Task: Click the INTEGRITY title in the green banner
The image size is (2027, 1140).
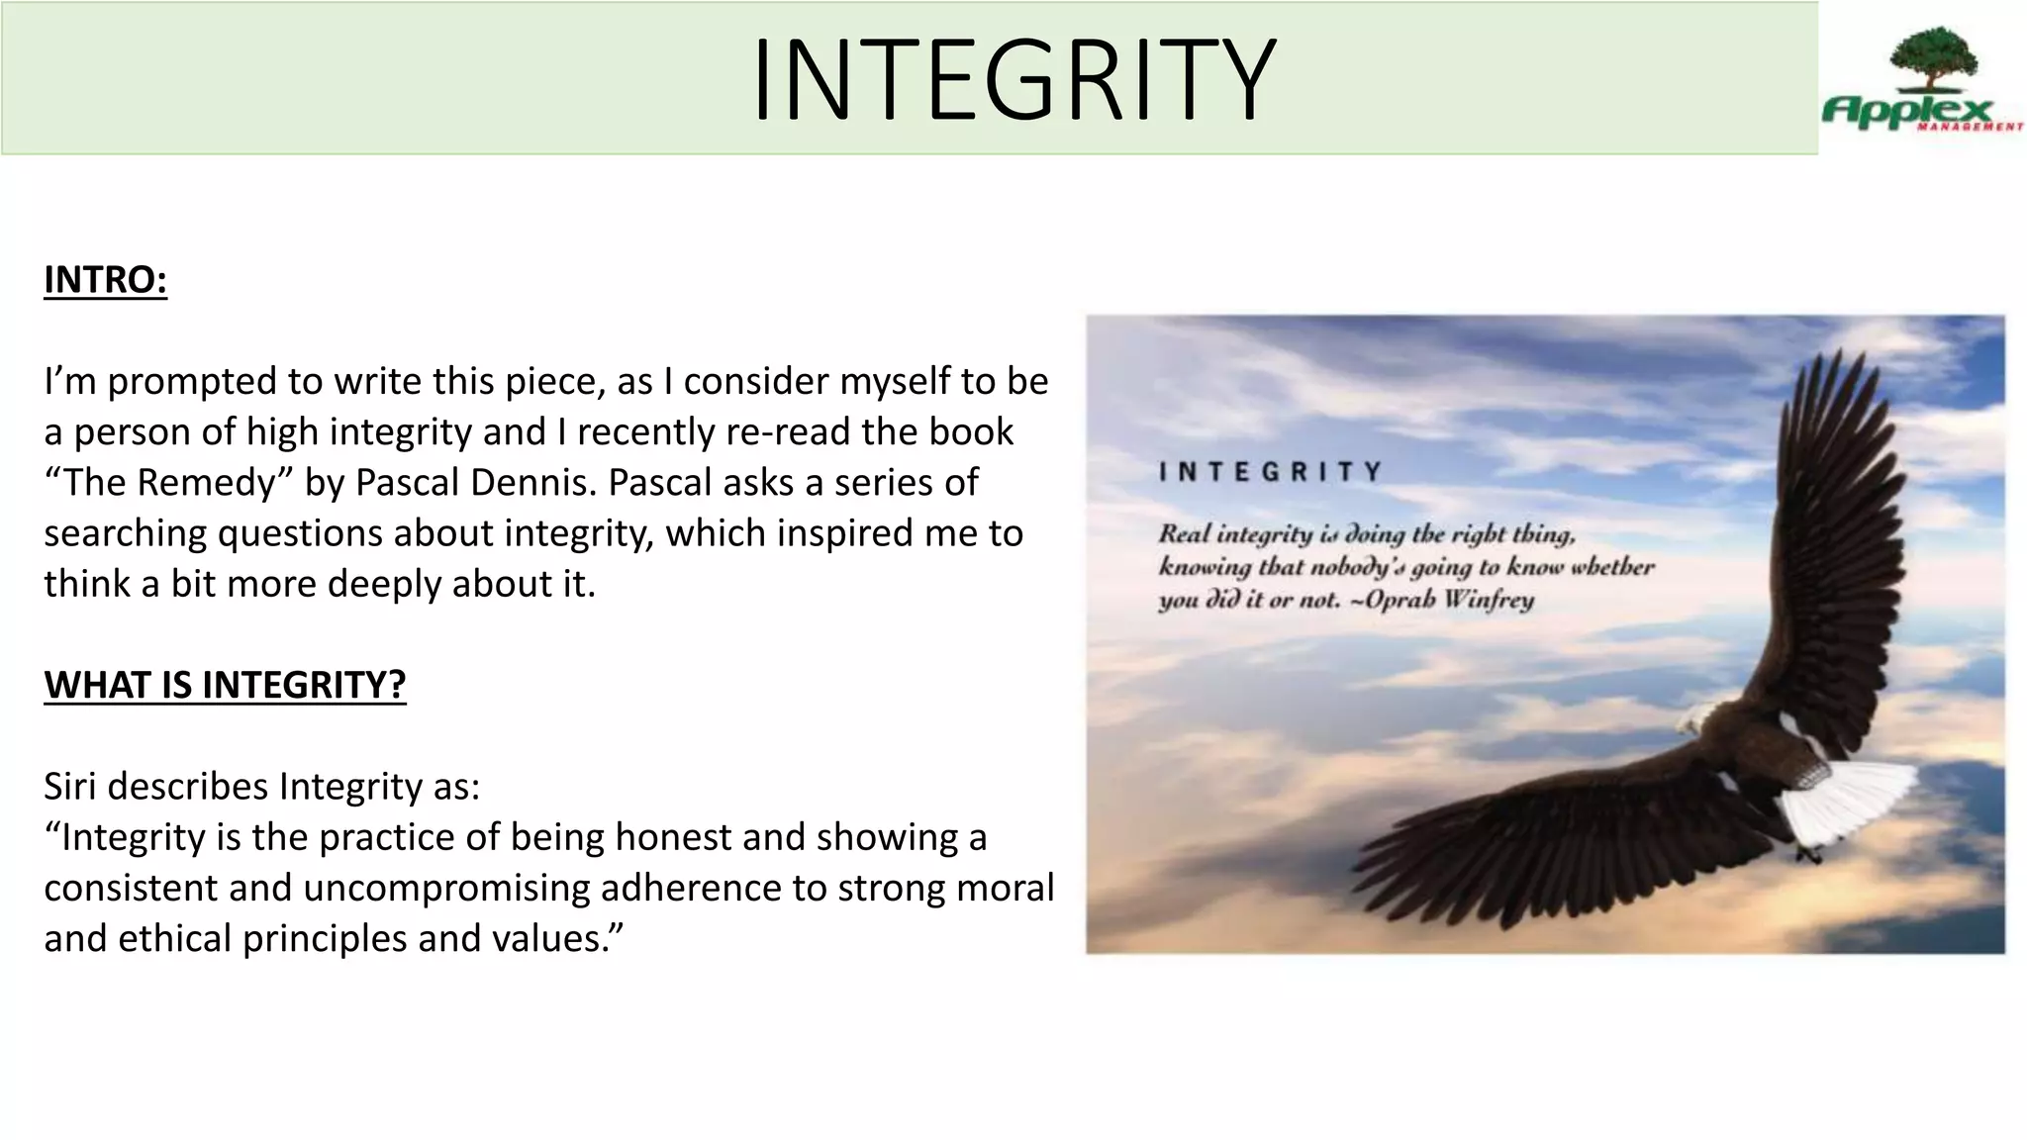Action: (x=1013, y=79)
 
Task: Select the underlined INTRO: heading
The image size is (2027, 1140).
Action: (x=106, y=280)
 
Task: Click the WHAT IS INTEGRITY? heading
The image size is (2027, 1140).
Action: (x=225, y=685)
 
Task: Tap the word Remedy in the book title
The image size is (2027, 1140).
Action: (x=205, y=483)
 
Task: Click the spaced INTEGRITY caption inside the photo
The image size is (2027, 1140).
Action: (x=1270, y=472)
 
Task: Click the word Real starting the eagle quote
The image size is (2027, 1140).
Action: (x=1184, y=534)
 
